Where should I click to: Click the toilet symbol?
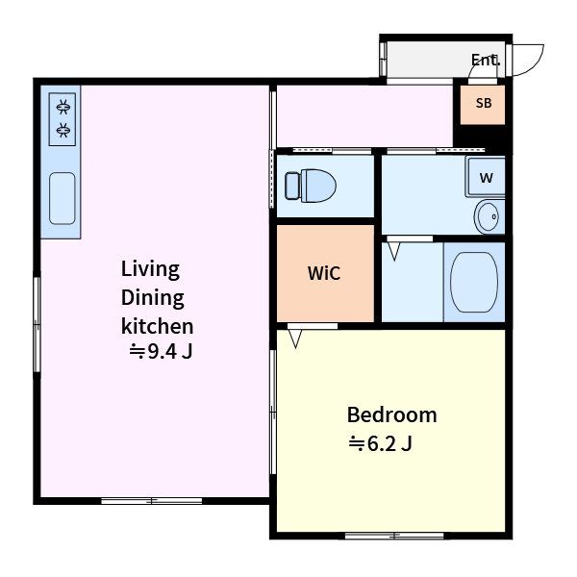[311, 186]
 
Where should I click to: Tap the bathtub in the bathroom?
[474, 282]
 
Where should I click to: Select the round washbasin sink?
[488, 216]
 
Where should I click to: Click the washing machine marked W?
[486, 177]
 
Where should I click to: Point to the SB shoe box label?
[484, 103]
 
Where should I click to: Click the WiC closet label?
[324, 273]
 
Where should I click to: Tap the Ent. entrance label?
[486, 60]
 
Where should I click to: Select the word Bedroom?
[392, 414]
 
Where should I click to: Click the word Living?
[150, 269]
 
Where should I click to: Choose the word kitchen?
[157, 326]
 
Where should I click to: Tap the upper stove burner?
[63, 107]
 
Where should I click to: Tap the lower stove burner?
[63, 130]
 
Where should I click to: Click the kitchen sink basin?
[63, 198]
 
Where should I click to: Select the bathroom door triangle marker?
[394, 251]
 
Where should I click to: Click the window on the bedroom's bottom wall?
[394, 536]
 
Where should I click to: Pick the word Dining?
[152, 298]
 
